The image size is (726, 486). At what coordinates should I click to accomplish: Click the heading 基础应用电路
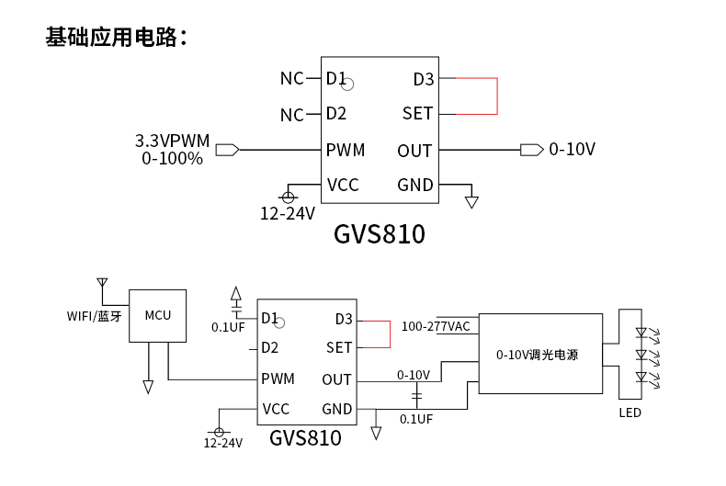tap(116, 38)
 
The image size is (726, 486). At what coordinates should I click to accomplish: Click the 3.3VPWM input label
tap(172, 141)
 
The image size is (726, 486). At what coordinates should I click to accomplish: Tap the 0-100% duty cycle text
tap(172, 159)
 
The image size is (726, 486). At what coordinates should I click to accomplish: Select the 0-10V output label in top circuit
tap(572, 150)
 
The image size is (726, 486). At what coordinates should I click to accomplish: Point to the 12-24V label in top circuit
tap(287, 214)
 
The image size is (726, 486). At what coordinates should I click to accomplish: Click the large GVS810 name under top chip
tap(379, 235)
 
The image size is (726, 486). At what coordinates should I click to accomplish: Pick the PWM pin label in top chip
tap(346, 150)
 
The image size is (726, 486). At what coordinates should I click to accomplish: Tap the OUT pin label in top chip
tap(414, 151)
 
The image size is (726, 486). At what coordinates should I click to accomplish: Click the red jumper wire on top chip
tap(496, 96)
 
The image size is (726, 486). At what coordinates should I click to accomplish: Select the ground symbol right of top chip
tap(471, 201)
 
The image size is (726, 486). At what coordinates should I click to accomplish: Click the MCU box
tap(158, 315)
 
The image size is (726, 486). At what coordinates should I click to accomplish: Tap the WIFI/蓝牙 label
tap(94, 316)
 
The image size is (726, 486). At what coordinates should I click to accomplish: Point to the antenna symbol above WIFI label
tap(102, 284)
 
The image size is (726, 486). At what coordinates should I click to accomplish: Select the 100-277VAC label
tap(436, 326)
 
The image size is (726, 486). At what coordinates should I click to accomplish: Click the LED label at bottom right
tap(630, 413)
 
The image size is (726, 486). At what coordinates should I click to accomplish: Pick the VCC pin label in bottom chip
tap(276, 410)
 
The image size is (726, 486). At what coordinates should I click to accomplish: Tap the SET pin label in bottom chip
tap(339, 348)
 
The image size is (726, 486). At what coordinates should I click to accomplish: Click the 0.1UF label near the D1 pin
tap(227, 327)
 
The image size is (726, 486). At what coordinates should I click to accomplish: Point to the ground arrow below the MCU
tap(148, 388)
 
